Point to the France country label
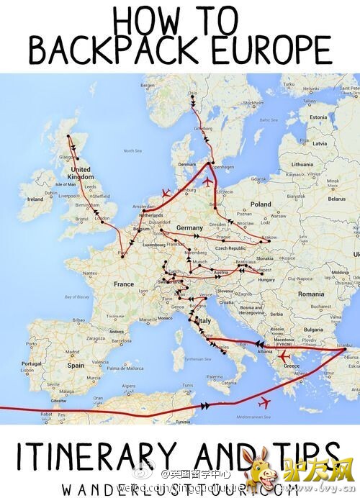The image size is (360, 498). pos(124,284)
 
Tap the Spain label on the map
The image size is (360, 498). pos(75,366)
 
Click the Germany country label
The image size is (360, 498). pos(189,227)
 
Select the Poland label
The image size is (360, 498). pos(261,204)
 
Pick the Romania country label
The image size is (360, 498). pos(312,294)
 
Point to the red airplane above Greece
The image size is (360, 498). pos(284,356)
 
